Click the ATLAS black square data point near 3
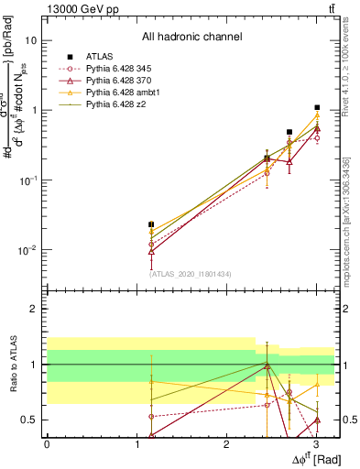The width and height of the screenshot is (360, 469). click(317, 108)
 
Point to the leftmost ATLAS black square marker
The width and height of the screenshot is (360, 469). click(151, 224)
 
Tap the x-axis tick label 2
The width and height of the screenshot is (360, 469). click(226, 443)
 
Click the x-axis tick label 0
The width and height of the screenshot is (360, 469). click(47, 443)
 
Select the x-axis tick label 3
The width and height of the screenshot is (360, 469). click(316, 443)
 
